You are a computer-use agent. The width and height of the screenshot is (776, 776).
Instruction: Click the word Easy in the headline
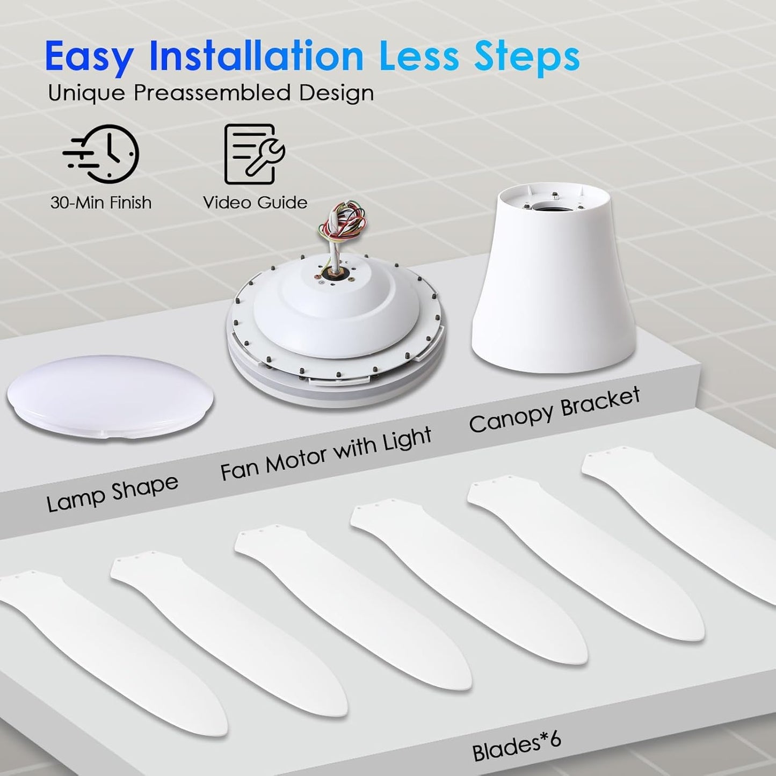coord(89,56)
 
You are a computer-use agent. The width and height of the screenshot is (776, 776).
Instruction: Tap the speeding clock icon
coord(101,154)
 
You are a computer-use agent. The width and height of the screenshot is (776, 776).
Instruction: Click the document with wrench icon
coord(253,154)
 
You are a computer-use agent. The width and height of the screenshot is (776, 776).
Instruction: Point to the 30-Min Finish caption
coord(101,202)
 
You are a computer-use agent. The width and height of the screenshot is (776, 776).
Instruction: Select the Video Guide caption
coord(255,202)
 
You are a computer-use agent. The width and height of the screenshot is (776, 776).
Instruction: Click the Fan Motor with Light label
coord(326,454)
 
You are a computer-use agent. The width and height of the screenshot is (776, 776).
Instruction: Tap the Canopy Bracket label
coord(555,409)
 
